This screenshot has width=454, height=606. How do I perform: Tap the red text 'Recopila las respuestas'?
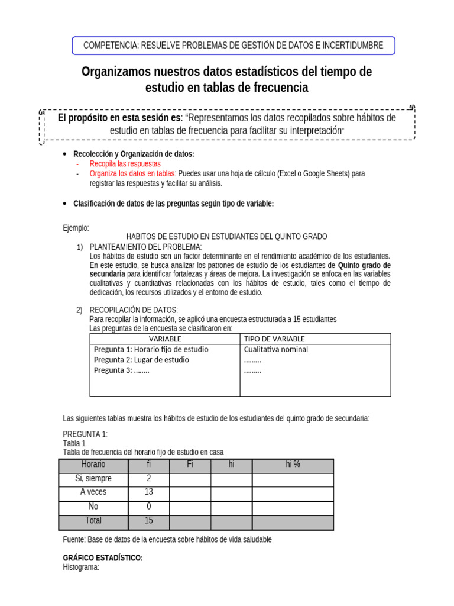[x=125, y=163]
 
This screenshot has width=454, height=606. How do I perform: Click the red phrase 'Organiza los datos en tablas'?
[x=132, y=173]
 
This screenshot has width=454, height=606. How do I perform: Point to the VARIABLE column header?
[x=165, y=339]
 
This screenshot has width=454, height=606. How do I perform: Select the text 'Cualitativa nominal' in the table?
[x=275, y=349]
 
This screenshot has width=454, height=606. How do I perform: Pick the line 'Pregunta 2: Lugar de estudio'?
[x=141, y=359]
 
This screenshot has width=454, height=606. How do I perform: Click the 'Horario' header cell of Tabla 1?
[x=93, y=465]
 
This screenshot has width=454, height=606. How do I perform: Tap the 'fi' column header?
[x=148, y=465]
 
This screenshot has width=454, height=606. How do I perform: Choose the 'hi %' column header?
[x=293, y=465]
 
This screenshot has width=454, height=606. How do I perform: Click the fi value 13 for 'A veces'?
[x=148, y=492]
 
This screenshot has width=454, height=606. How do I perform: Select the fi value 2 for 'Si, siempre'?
[x=148, y=478]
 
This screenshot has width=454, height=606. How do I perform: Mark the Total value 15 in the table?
[x=148, y=521]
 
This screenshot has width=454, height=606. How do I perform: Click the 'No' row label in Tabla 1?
[x=93, y=507]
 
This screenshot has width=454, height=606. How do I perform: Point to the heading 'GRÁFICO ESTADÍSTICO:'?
[x=103, y=558]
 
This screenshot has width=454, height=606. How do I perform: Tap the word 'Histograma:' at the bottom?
[x=80, y=567]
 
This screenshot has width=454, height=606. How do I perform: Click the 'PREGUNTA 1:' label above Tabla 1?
[x=85, y=434]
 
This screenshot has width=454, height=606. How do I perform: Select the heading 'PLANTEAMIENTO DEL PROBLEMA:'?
[x=145, y=246]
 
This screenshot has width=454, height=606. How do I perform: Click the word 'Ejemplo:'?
[x=76, y=228]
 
